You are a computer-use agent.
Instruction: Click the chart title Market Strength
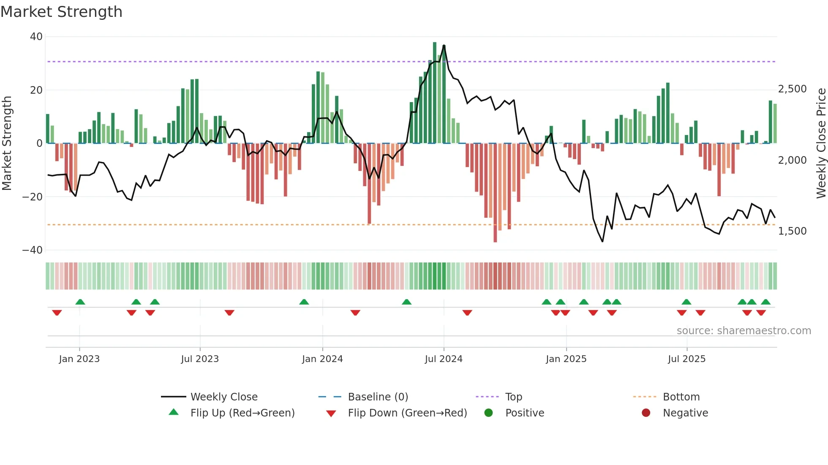pyautogui.click(x=61, y=12)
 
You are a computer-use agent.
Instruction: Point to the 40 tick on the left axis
pyautogui.click(x=36, y=37)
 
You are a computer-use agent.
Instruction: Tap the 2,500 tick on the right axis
pyautogui.click(x=793, y=89)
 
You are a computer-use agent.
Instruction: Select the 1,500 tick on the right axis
pyautogui.click(x=793, y=231)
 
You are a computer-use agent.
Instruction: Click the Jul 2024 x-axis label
pyautogui.click(x=444, y=359)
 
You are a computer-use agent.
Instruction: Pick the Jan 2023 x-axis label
pyautogui.click(x=79, y=359)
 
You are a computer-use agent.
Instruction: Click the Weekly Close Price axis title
pyautogui.click(x=821, y=143)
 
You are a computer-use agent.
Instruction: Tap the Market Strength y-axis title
pyautogui.click(x=7, y=143)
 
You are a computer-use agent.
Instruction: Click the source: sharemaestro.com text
pyautogui.click(x=744, y=331)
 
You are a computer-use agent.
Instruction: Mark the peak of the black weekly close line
pyautogui.click(x=444, y=46)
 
